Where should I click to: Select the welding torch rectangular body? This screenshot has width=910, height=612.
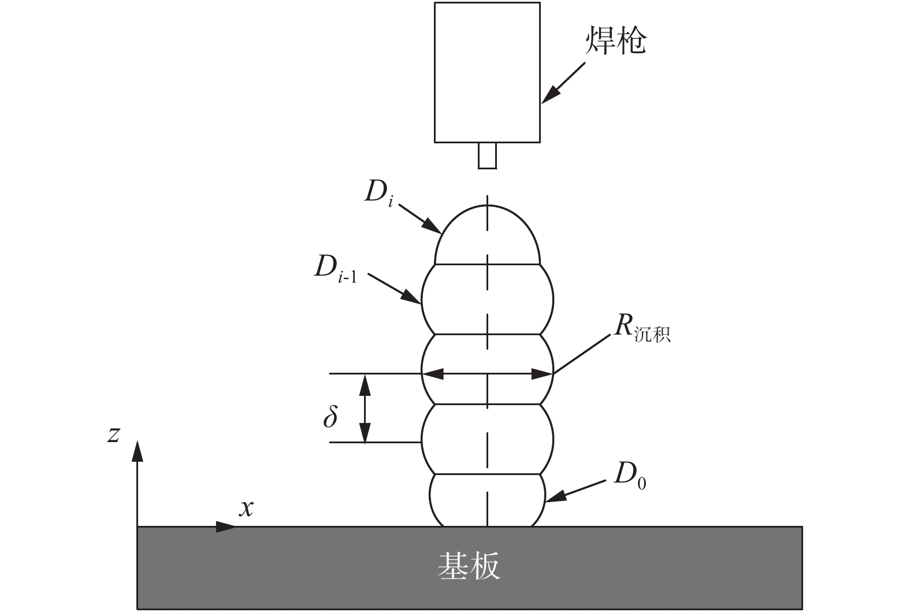pyautogui.click(x=487, y=72)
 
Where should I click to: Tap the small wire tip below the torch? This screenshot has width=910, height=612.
pyautogui.click(x=487, y=155)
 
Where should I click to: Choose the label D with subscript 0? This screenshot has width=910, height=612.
pyautogui.click(x=629, y=475)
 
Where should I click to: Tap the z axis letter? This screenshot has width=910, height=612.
pyautogui.click(x=114, y=433)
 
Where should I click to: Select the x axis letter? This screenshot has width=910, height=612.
pyautogui.click(x=247, y=508)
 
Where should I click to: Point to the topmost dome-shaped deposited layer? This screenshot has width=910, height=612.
pyautogui.click(x=488, y=237)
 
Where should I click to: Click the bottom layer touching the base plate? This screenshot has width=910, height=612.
pyautogui.click(x=488, y=500)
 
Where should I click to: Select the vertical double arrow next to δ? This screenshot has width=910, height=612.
pyautogui.click(x=365, y=408)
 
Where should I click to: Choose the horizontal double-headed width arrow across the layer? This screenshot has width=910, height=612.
pyautogui.click(x=488, y=374)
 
